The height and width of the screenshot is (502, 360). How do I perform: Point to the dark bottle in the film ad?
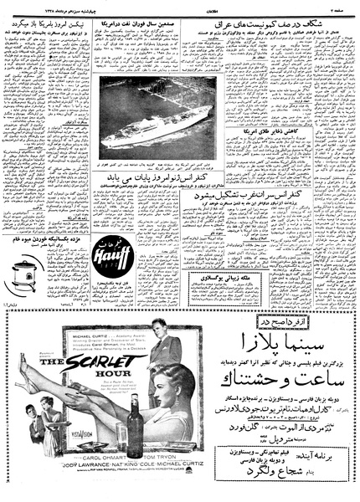tap(134, 427)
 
